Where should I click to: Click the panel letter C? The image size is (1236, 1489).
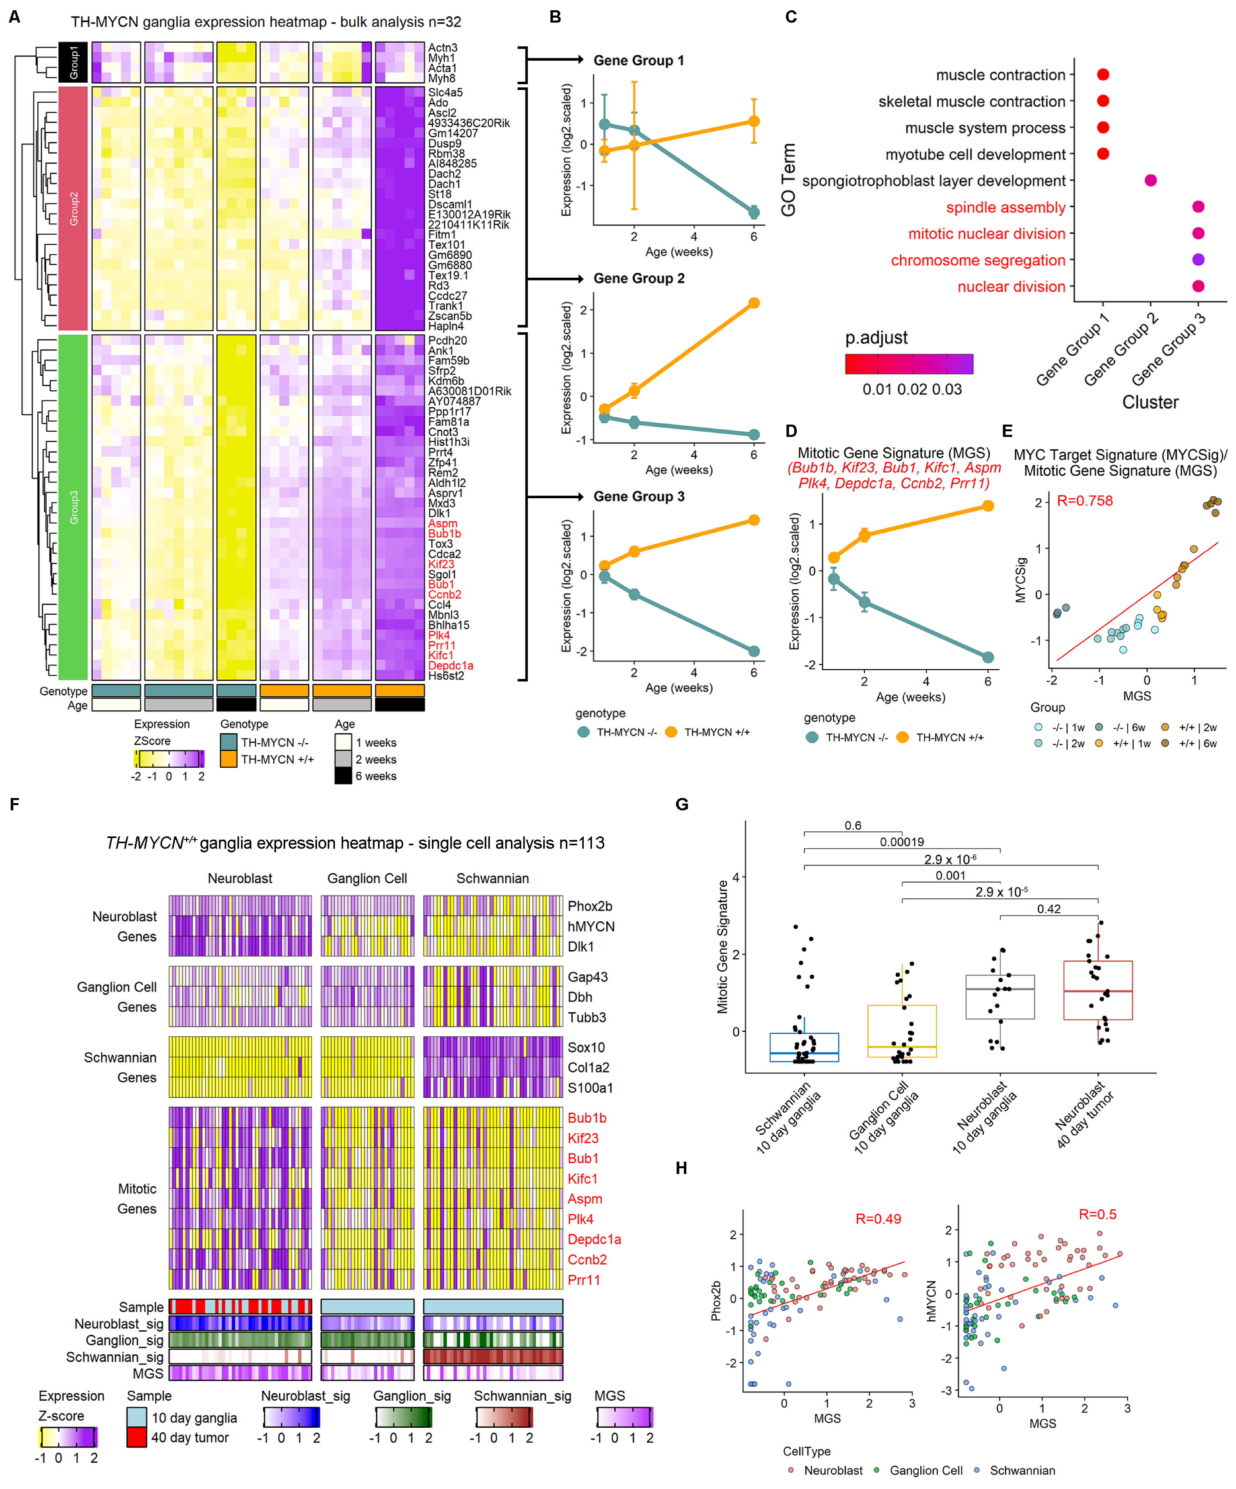[791, 16]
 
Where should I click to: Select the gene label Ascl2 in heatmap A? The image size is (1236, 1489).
[442, 113]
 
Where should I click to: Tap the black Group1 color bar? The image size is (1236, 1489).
[73, 62]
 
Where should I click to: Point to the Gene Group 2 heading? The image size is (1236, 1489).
[639, 278]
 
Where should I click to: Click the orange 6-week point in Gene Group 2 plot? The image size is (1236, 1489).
[753, 303]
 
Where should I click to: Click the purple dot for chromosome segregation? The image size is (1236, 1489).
[1198, 260]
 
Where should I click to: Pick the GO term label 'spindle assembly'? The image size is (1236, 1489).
[1006, 207]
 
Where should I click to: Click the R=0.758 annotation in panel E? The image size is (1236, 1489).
[1085, 501]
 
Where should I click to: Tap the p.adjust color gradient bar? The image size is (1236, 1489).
[908, 364]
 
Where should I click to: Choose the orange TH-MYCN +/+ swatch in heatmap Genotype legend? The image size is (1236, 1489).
[228, 759]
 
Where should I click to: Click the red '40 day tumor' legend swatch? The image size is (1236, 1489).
[137, 1437]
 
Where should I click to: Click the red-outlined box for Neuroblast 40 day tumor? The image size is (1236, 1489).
[1097, 990]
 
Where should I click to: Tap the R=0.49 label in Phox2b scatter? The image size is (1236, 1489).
[878, 1218]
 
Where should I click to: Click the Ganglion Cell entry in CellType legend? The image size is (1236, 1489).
[926, 1470]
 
